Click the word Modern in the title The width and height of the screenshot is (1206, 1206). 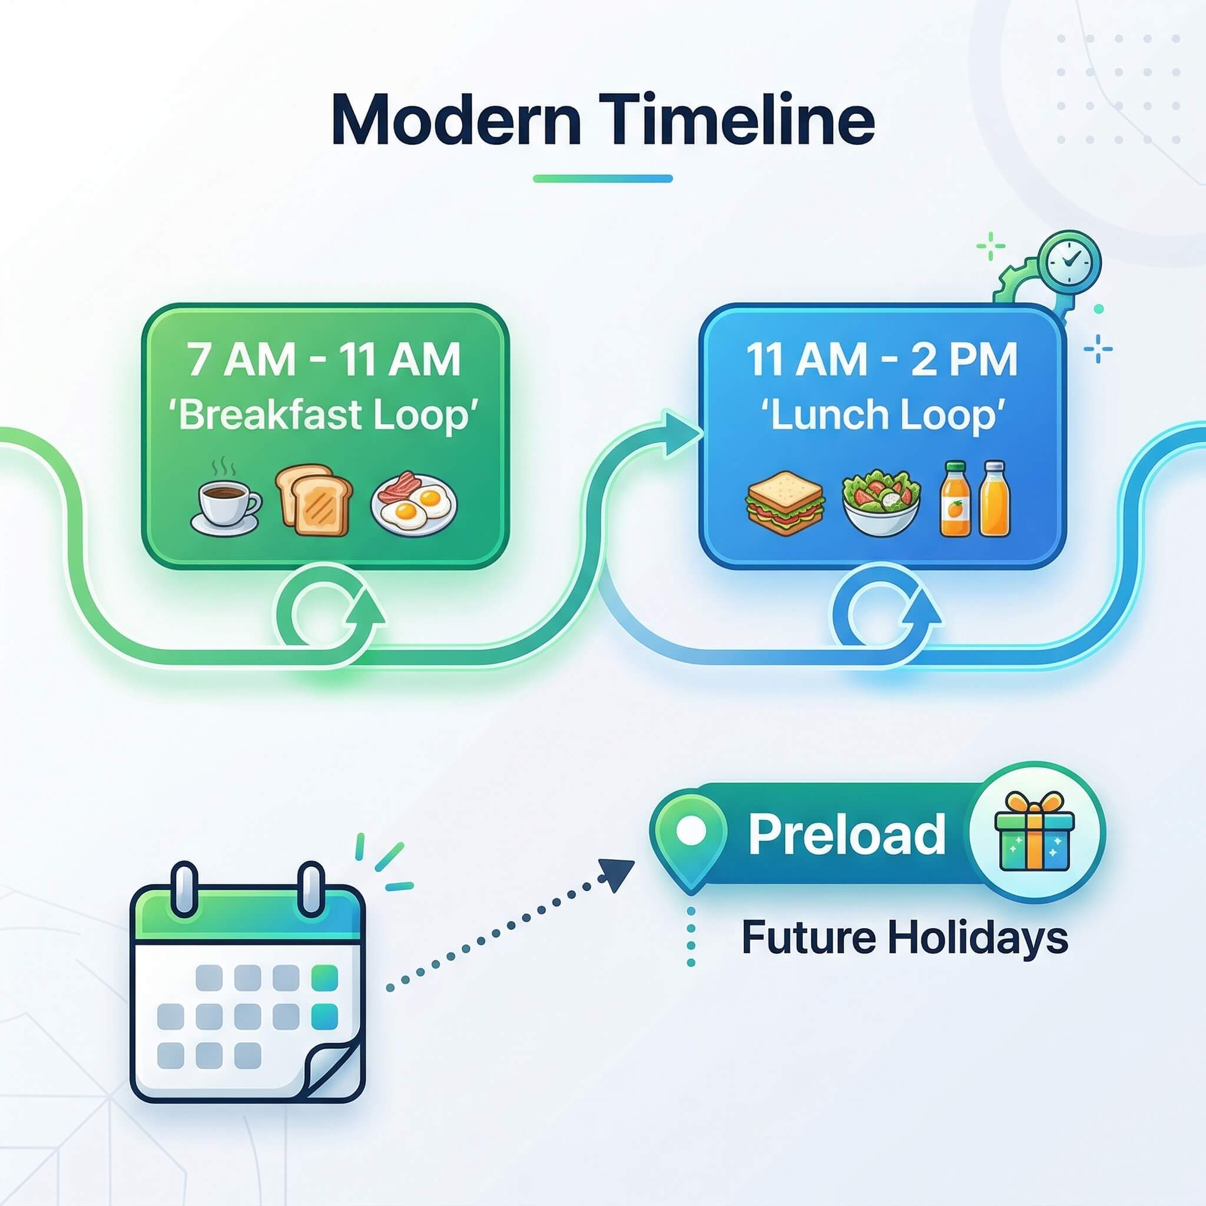pos(456,120)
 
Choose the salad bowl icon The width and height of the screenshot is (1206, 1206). pos(881,503)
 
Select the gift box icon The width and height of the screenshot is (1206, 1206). pos(1034,832)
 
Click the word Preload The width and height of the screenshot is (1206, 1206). pos(846,834)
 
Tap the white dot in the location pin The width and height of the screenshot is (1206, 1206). pos(690,831)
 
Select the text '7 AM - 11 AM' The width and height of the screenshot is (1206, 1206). pos(324,360)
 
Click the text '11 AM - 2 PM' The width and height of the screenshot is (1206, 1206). pos(882,360)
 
